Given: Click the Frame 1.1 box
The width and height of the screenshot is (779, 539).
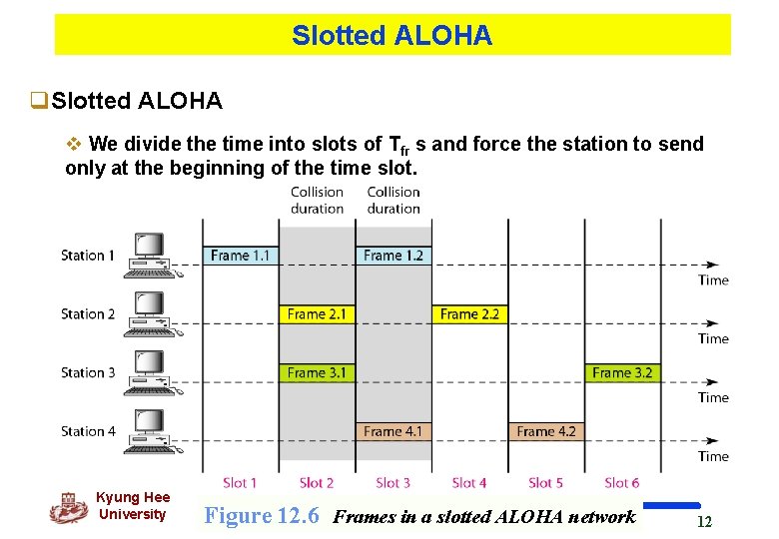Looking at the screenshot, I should tap(241, 256).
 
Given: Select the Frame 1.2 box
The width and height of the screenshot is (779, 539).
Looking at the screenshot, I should tap(393, 256).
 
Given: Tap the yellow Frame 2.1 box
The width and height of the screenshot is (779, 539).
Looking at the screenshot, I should tap(317, 314).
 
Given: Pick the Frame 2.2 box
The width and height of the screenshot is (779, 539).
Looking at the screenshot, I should tap(469, 314).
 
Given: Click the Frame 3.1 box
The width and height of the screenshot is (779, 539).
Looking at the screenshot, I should tap(317, 373).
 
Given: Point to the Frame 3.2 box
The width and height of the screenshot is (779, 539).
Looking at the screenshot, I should tap(622, 373).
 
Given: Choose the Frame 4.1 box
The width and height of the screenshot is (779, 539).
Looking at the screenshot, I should tap(393, 432).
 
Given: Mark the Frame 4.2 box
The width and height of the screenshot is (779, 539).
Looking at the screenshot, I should tap(546, 432).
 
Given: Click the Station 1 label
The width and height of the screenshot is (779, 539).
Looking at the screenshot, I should tap(88, 256).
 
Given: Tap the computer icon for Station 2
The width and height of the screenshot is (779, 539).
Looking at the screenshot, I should tap(151, 311).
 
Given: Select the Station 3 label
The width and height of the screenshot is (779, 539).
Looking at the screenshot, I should tap(88, 373).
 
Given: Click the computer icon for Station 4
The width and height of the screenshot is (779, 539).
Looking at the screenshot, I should tap(151, 429).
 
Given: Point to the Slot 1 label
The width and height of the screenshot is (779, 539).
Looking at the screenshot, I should tap(240, 483).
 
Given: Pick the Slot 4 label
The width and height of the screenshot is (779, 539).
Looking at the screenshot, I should tap(469, 483).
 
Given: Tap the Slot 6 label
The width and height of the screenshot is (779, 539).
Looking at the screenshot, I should tap(622, 483).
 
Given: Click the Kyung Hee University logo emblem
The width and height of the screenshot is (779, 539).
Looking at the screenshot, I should tap(68, 508).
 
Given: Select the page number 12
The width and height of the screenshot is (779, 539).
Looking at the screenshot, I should tap(704, 522).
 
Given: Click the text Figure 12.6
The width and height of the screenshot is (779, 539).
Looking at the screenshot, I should tap(262, 516).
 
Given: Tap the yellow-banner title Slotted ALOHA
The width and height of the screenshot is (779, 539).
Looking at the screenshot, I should tap(391, 36).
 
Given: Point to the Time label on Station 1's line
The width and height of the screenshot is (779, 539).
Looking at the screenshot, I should tap(713, 280).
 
